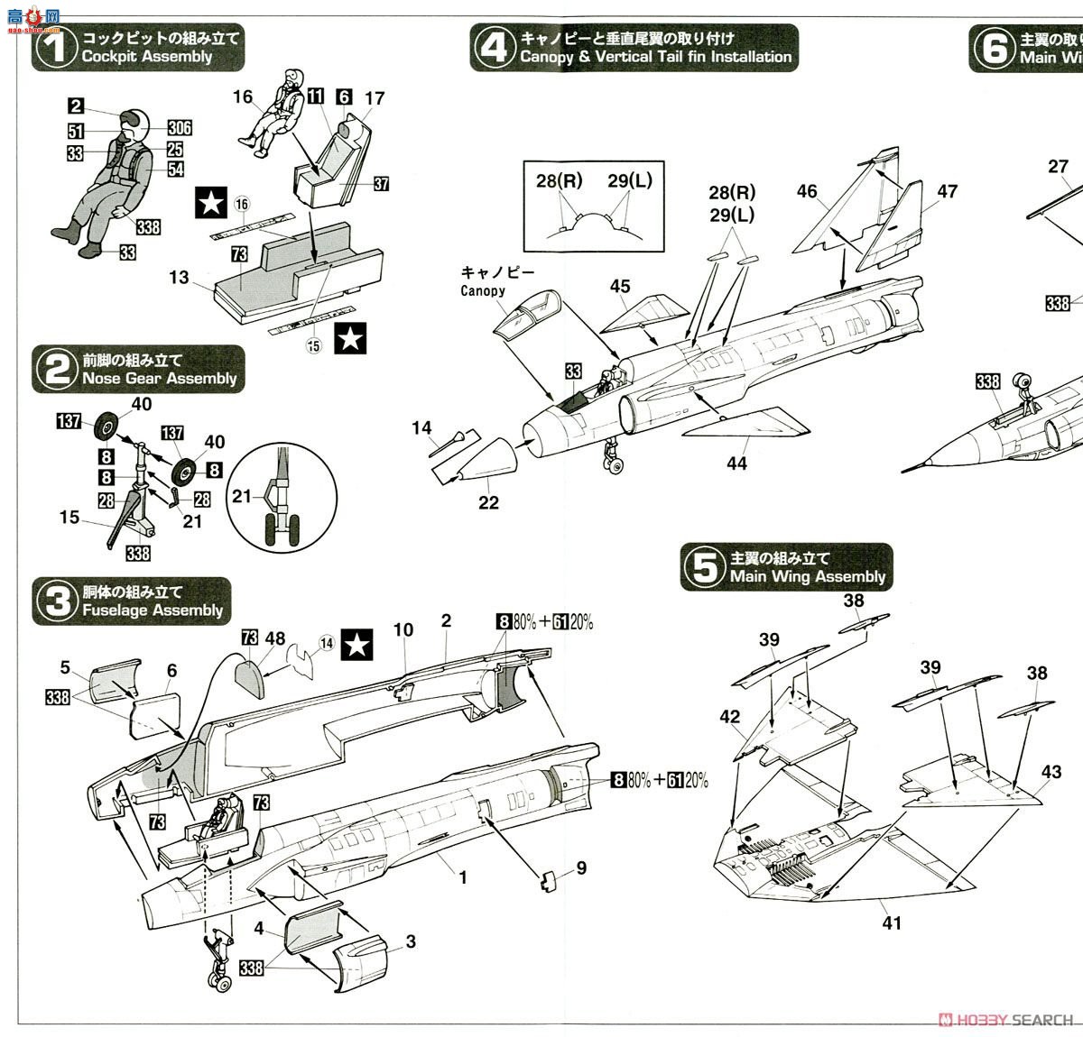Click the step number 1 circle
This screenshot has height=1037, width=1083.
pos(55,47)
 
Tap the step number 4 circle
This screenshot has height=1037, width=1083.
pos(493,47)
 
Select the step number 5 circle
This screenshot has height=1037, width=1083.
pos(704,567)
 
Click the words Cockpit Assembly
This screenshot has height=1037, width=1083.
pos(146,57)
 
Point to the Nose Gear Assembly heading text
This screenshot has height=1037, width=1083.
pos(159,379)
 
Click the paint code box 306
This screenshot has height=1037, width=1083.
pos(180,129)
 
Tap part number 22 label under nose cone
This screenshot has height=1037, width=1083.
pos(488,502)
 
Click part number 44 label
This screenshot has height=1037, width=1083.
pos(736,463)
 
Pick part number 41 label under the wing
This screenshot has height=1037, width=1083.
pos(892,922)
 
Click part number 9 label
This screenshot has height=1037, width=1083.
pos(581,867)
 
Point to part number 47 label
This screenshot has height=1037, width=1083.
pos(947,191)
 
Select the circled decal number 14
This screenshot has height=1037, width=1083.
pos(326,643)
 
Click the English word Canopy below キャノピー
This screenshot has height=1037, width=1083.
pos(483,290)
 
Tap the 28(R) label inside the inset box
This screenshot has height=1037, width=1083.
pos(559,181)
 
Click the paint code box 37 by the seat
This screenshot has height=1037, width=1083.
pos(381,184)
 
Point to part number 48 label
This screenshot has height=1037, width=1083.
pos(275,638)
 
